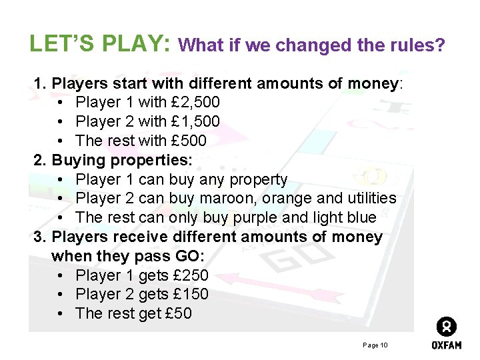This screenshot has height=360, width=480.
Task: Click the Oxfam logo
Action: (446, 333)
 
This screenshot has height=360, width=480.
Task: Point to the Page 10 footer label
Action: (375, 345)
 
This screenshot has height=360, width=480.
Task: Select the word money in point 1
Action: (372, 84)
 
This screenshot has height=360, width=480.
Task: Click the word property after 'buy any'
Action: (258, 180)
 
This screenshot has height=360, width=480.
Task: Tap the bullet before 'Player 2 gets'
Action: (61, 295)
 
